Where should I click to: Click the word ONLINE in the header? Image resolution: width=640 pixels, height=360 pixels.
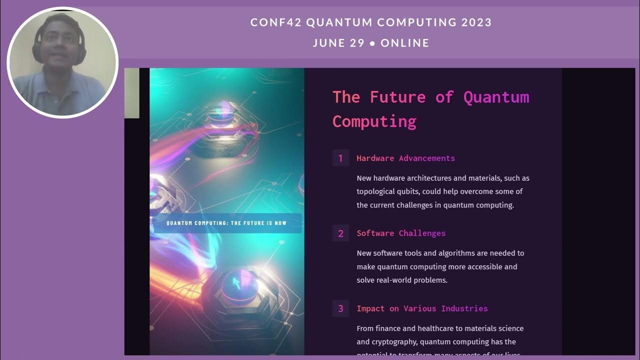405,43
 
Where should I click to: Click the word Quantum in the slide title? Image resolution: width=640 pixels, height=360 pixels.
496,97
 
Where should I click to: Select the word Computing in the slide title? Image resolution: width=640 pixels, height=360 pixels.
374,121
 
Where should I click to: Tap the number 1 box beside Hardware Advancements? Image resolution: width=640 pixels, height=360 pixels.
340,158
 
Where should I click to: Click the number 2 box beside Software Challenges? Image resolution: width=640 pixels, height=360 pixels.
340,233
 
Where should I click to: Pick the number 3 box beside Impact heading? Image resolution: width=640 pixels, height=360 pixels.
340,308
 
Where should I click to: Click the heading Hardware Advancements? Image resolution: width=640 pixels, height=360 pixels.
405,158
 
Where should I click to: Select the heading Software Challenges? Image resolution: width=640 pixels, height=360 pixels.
401,233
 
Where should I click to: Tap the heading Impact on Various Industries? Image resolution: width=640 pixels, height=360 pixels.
422,308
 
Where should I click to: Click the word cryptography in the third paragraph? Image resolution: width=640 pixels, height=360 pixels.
387,342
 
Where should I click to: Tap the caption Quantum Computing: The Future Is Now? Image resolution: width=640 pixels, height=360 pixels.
226,223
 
